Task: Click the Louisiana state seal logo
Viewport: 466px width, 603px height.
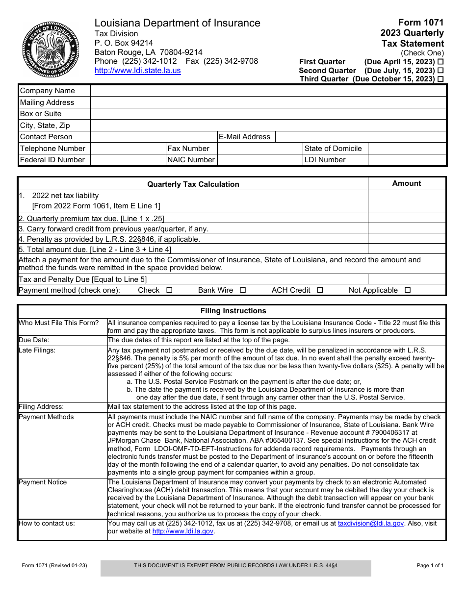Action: (x=50, y=50)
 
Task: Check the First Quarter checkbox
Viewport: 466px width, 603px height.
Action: (x=440, y=62)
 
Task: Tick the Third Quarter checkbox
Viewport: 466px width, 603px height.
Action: (x=440, y=79)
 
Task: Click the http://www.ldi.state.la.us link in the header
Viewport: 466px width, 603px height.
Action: (x=137, y=71)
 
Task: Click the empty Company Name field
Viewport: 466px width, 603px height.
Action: (x=268, y=91)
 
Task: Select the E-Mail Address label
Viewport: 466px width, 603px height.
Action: (x=245, y=137)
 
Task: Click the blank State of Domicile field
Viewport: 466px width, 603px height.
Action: (x=407, y=149)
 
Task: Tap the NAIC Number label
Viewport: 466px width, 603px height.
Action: (x=191, y=160)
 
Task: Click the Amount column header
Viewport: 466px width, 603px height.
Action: (x=407, y=183)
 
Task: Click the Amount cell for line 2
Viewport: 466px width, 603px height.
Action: (x=407, y=218)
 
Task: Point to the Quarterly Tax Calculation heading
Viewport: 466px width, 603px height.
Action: (x=193, y=184)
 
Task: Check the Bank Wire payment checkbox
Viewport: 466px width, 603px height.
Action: (x=243, y=290)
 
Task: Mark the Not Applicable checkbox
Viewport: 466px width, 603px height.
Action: (x=408, y=290)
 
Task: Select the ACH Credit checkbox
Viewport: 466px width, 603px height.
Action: (x=320, y=290)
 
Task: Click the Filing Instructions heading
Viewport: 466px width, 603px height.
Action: (x=233, y=311)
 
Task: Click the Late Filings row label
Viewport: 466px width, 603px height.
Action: (x=37, y=350)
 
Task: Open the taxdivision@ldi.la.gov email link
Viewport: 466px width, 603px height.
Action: (x=371, y=524)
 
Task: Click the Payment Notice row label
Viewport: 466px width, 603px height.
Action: (x=43, y=482)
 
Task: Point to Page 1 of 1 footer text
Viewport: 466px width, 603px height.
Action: (x=430, y=565)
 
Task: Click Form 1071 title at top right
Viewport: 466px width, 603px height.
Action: (x=421, y=23)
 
